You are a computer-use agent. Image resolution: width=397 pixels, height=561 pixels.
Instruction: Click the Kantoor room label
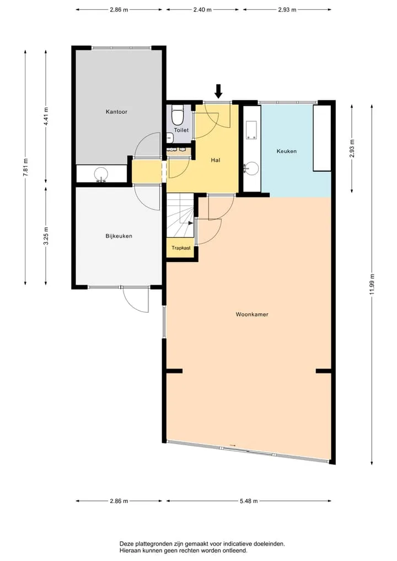[x=116, y=111]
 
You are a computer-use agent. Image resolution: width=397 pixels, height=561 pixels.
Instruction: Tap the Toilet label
[x=181, y=130]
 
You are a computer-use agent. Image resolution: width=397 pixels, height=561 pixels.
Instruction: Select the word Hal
[x=215, y=160]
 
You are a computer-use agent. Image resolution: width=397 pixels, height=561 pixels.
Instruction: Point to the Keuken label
[x=287, y=151]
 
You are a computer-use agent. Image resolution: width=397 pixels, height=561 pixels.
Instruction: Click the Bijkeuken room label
[x=119, y=236]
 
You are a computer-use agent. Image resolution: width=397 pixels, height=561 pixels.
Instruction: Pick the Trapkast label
[x=181, y=248]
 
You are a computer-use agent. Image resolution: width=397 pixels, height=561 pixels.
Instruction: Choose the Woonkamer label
[x=252, y=314]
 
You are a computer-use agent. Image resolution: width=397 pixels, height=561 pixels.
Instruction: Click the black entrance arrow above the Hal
[x=218, y=91]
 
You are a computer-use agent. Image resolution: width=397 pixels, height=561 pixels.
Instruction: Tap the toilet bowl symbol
[x=178, y=115]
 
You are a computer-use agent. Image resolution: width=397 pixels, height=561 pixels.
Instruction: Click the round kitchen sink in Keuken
[x=253, y=168]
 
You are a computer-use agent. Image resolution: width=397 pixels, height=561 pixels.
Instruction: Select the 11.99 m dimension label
[x=372, y=285]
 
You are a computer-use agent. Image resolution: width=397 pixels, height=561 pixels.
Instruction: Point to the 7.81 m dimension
[x=25, y=167]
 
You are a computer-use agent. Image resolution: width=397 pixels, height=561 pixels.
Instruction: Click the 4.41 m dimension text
[x=46, y=116]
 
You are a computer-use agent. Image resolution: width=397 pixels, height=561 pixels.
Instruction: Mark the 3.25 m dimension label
[x=46, y=236]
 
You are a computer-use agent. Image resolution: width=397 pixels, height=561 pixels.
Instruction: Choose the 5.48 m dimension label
[x=249, y=501]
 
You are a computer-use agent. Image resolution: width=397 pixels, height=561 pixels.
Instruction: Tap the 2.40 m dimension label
[x=202, y=10]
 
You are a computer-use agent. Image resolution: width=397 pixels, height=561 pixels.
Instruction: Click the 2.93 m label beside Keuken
[x=352, y=148]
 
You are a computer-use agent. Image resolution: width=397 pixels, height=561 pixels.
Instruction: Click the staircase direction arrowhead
[x=191, y=223]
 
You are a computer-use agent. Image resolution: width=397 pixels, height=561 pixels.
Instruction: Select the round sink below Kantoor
[x=101, y=174]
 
